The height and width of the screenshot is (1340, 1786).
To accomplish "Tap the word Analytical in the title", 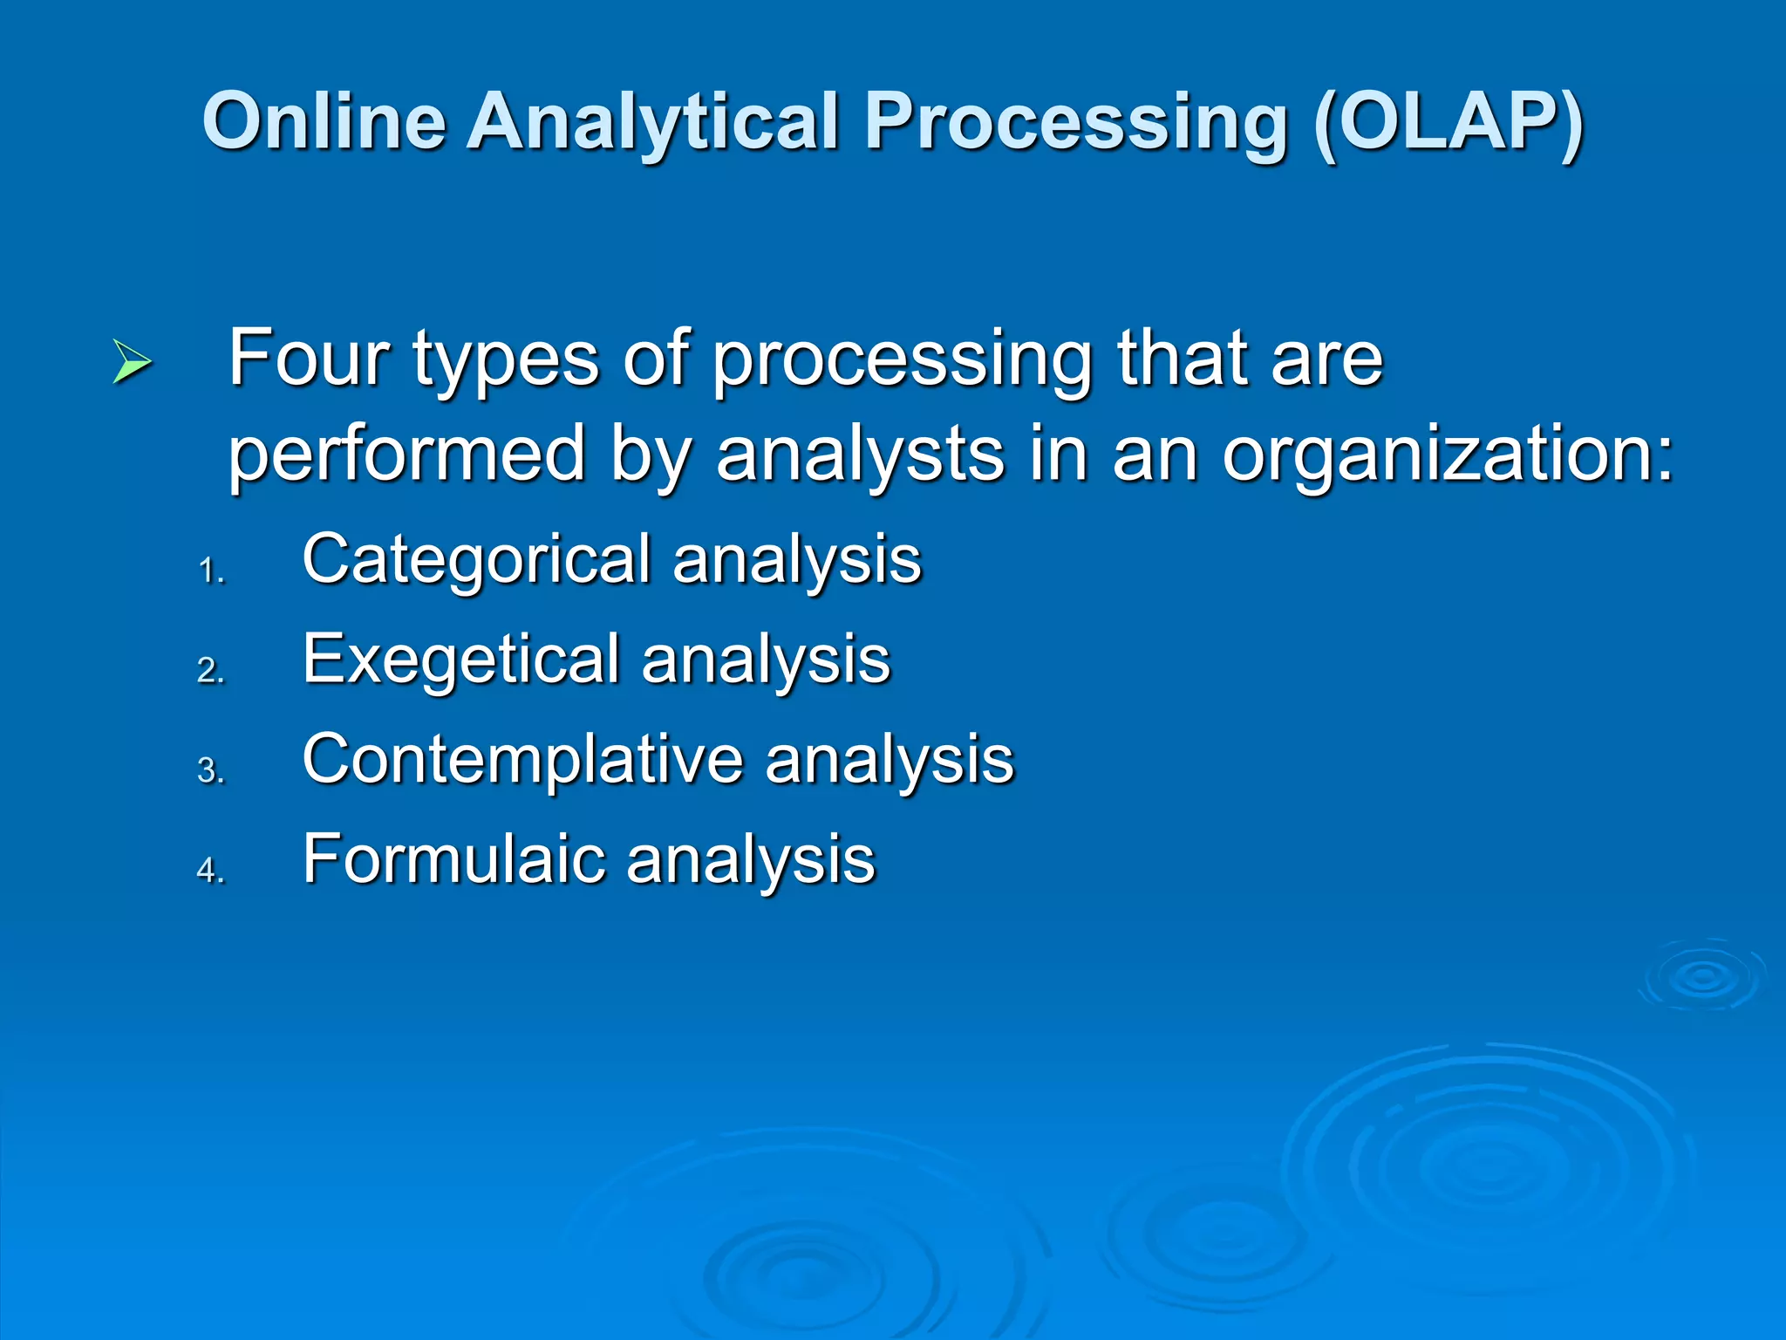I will (x=652, y=122).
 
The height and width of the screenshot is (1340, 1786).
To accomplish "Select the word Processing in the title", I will (x=1076, y=122).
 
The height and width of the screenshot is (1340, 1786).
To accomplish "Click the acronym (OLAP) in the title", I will (x=1448, y=122).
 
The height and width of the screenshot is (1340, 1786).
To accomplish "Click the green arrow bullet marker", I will (x=133, y=363).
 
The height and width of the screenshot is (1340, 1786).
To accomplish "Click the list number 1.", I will (x=211, y=571).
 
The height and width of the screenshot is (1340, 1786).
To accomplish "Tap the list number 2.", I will (x=211, y=671).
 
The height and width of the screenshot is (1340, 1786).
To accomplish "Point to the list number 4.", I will (x=211, y=871).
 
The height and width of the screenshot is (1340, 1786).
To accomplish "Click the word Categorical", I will (x=476, y=560).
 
